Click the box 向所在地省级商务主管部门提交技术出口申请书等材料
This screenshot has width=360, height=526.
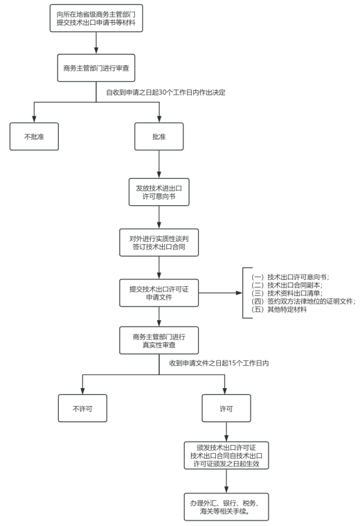point(96,19)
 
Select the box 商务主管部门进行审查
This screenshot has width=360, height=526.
point(96,68)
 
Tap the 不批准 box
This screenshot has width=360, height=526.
point(34,137)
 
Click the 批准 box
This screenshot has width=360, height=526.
point(159,137)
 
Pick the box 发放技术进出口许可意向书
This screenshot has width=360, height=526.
point(159,192)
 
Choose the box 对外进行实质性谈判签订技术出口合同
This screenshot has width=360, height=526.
point(159,242)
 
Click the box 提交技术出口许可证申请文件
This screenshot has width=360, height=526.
point(159,293)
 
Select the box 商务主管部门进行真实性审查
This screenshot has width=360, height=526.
point(159,341)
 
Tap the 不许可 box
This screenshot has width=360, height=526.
point(82,409)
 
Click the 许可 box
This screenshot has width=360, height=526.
point(226,409)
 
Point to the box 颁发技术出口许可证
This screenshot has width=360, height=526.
point(226,455)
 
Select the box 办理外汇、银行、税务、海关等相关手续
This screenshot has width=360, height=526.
point(226,507)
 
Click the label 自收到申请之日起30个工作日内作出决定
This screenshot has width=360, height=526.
point(166,92)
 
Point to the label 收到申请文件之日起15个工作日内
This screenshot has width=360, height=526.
point(218,363)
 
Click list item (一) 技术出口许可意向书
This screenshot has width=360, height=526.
point(290,277)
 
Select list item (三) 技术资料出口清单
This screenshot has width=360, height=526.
point(287,293)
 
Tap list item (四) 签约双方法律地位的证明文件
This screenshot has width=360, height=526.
point(303,301)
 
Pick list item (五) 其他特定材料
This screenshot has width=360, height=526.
point(279,309)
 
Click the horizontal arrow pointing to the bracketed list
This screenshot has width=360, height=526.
point(220,293)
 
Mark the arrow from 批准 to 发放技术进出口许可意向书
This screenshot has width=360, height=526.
point(159,164)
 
